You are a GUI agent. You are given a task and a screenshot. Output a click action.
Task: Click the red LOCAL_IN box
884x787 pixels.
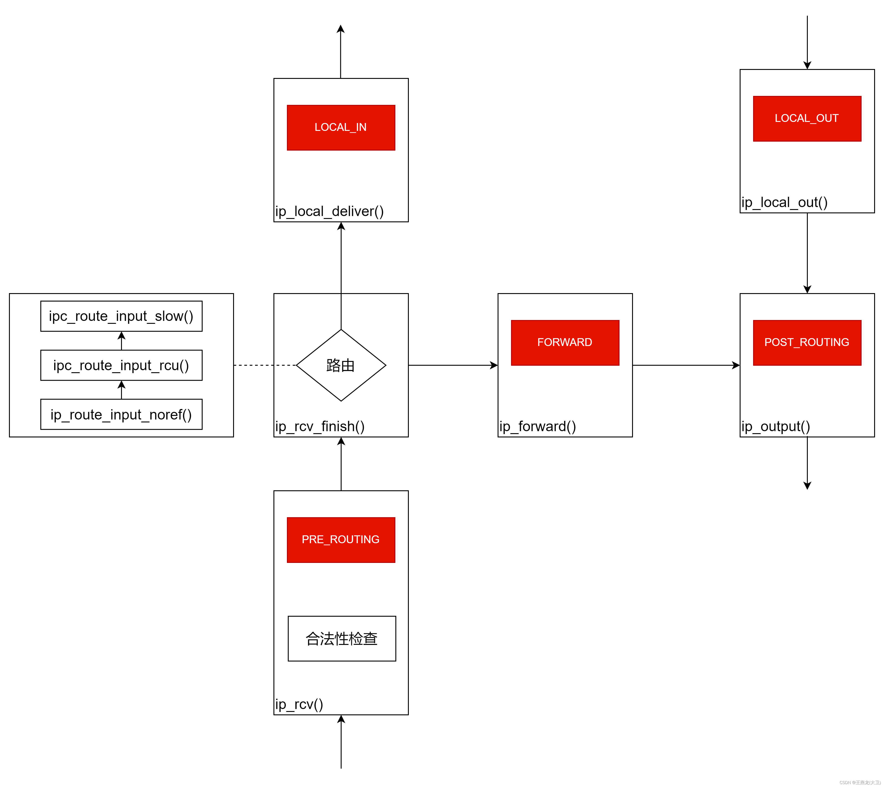[x=341, y=128]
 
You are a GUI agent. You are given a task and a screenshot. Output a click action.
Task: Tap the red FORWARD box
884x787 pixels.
[x=565, y=342]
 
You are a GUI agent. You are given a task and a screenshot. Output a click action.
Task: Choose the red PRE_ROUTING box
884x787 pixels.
[x=341, y=540]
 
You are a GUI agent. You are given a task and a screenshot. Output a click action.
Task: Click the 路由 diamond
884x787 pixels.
[x=341, y=365]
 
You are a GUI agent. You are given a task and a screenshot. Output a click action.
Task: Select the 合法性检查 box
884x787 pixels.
[x=342, y=638]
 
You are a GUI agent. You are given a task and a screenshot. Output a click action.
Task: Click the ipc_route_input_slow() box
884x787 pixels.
[x=121, y=316]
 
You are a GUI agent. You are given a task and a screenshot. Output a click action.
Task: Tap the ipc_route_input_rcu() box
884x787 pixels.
[x=121, y=365]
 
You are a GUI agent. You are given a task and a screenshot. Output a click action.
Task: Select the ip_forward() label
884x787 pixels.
[x=537, y=426]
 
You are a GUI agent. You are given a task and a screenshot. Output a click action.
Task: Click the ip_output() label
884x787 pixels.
[x=776, y=426]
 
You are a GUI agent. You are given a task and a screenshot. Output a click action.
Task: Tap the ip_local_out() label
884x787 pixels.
[x=784, y=202]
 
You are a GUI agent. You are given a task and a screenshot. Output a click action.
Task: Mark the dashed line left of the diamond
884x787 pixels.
[x=265, y=365]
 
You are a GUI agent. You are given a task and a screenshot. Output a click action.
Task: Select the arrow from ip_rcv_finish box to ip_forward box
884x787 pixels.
[x=453, y=365]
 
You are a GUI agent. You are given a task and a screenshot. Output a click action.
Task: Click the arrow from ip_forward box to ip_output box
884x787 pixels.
[x=686, y=365]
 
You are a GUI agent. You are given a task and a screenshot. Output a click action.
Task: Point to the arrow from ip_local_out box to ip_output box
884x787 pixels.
[x=807, y=253]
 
